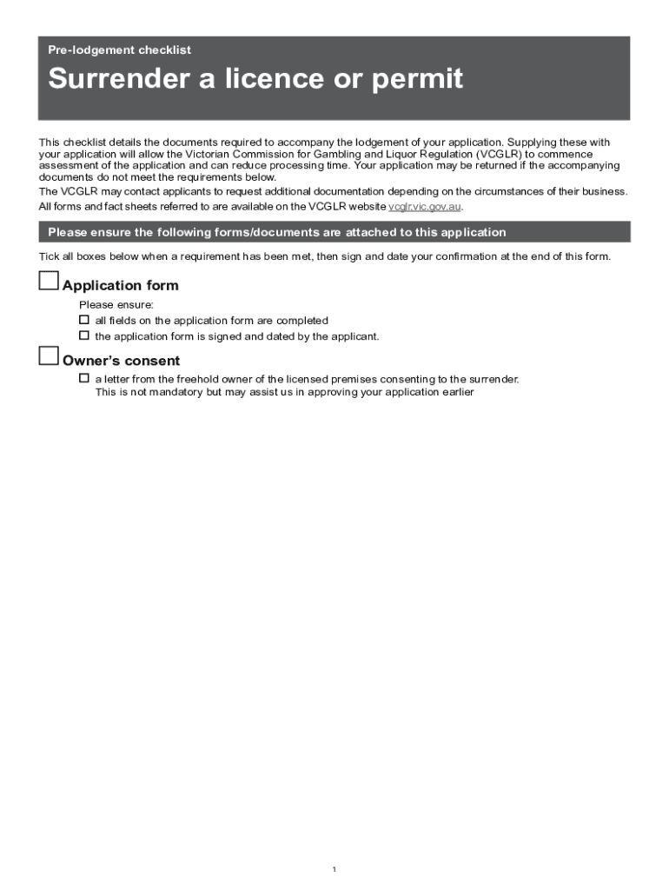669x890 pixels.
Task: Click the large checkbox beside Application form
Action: coord(50,281)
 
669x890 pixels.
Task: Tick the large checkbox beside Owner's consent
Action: coord(50,356)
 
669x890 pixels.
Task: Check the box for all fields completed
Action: coord(84,321)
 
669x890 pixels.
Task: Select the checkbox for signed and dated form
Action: coord(84,335)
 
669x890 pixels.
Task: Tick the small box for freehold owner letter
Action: coord(84,378)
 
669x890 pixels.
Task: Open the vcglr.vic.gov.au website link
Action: coord(424,207)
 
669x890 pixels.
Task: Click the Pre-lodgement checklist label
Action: coord(119,50)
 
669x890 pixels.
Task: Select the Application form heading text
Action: coord(121,286)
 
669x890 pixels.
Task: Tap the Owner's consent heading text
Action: coord(121,362)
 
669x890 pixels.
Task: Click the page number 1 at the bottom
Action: coord(334,870)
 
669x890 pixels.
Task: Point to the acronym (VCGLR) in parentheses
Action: coord(498,154)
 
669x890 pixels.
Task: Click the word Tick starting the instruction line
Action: coord(50,256)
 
